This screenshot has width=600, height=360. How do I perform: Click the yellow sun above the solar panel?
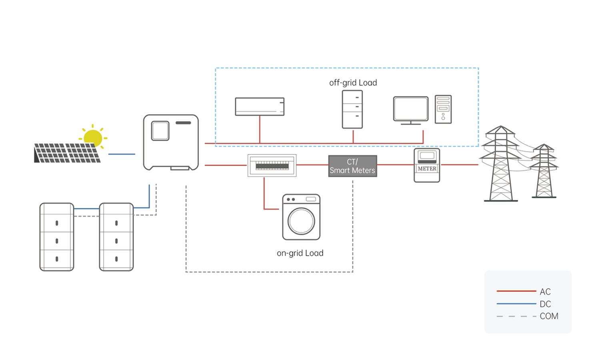coord(93,138)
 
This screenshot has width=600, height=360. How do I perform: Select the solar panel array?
coord(67,153)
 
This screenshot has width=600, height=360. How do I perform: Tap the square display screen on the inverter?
coord(160,131)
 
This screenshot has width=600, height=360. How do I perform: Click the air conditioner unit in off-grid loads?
coord(260,106)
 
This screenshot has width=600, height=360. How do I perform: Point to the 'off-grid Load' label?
coord(353,83)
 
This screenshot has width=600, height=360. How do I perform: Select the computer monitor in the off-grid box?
coord(411,109)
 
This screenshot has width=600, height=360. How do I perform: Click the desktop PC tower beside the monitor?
coord(443,109)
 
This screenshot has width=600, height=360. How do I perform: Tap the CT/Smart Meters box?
coord(352,166)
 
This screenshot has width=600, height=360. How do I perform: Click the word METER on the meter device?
coord(427,169)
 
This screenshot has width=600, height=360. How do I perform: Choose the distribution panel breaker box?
coord(272,165)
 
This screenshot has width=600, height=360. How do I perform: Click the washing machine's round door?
coord(301,221)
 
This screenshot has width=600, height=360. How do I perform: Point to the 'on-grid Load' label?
coord(300,253)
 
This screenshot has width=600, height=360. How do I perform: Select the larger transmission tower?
coord(500,164)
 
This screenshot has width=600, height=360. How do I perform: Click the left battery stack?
coord(57,237)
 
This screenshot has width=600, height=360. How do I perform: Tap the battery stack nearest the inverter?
coord(116,237)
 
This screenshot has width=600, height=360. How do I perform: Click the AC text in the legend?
coord(545,292)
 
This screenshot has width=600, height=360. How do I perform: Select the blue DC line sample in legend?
coord(516,304)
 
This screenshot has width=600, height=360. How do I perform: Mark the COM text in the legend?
coord(549,316)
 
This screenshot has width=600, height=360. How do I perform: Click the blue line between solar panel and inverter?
coord(122,154)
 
